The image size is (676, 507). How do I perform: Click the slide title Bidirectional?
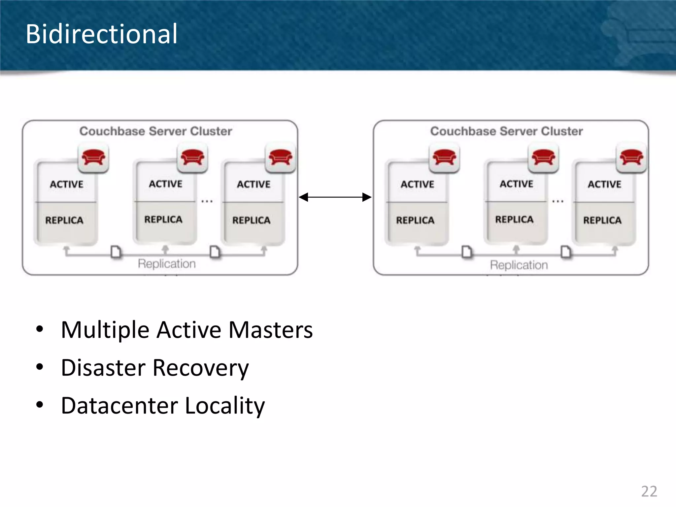[x=102, y=34]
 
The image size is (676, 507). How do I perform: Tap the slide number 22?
[x=649, y=491]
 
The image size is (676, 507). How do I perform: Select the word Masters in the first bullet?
[x=271, y=330]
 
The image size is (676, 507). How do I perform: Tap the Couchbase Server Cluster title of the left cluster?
[x=155, y=131]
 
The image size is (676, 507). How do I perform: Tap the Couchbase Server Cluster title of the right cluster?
[x=506, y=131]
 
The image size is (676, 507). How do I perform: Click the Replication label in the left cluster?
[x=167, y=264]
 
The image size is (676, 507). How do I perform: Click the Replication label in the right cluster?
[x=519, y=265]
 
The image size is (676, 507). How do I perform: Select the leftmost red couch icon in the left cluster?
[x=93, y=157]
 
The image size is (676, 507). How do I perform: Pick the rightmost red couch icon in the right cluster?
[x=631, y=157]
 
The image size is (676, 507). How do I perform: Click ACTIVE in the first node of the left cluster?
[x=66, y=184]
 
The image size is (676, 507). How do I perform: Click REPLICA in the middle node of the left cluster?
[x=163, y=220]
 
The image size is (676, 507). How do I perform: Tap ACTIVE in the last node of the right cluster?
[x=604, y=184]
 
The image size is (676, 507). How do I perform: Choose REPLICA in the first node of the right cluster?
[x=415, y=220]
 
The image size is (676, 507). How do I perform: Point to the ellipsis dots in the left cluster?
[x=207, y=201]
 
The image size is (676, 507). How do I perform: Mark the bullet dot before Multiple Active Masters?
[x=40, y=329]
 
